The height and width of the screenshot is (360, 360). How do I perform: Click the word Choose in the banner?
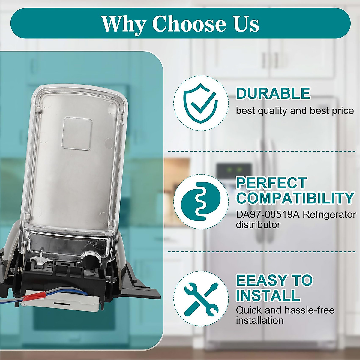coord(189,24)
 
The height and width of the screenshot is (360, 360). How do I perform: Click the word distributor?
coord(258,225)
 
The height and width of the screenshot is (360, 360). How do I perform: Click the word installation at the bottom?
coord(260,321)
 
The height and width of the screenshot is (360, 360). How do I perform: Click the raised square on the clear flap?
coord(78,133)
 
